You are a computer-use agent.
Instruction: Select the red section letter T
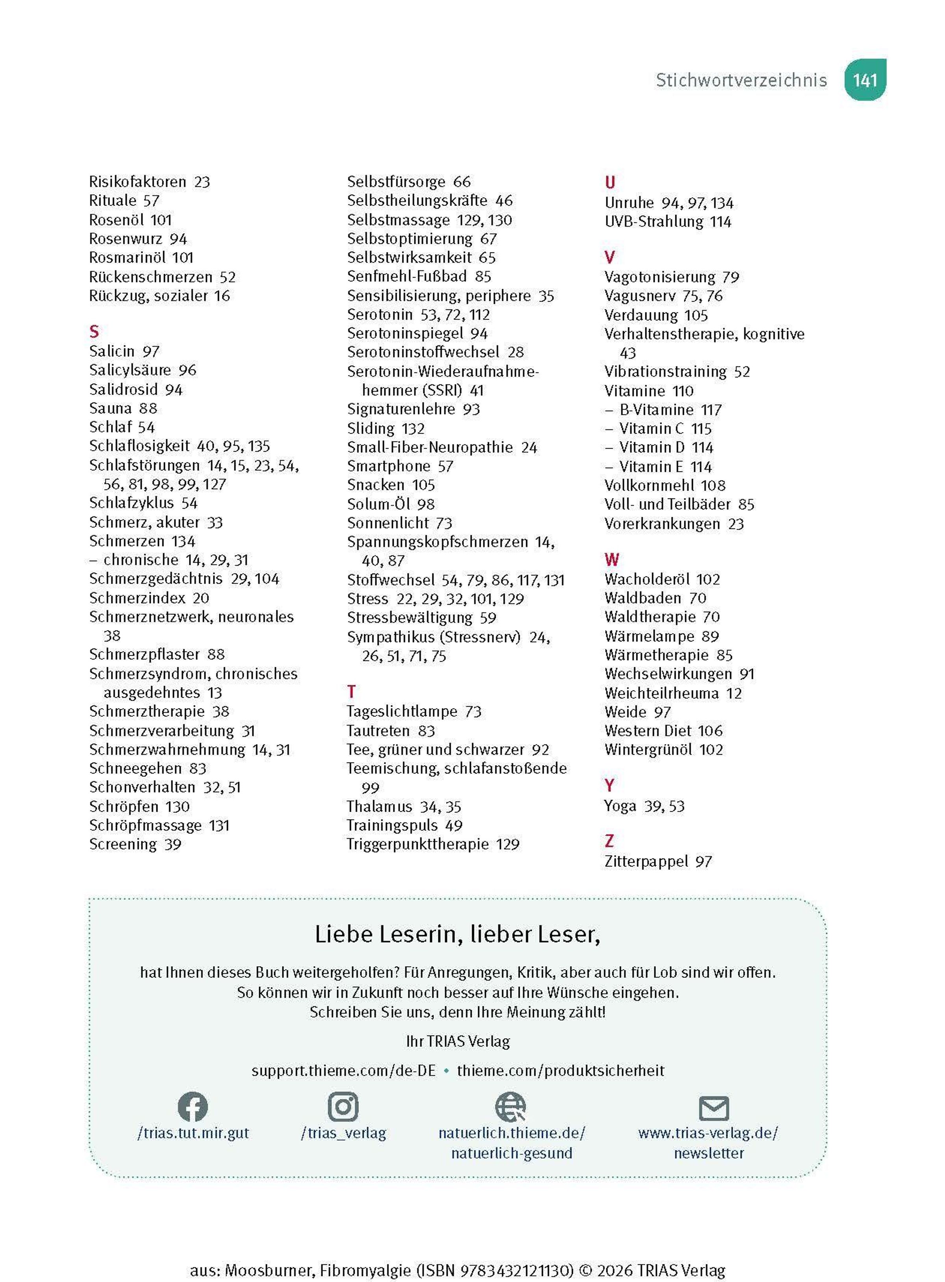pos(351,692)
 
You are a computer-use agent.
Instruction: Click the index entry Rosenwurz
pos(125,239)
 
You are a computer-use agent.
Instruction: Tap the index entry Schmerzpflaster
pos(144,654)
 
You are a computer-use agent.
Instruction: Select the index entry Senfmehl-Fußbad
pos(407,276)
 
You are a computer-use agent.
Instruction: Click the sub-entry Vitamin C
pos(651,429)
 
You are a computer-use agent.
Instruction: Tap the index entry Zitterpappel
pos(646,861)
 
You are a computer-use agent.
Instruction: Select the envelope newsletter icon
pos(714,1108)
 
